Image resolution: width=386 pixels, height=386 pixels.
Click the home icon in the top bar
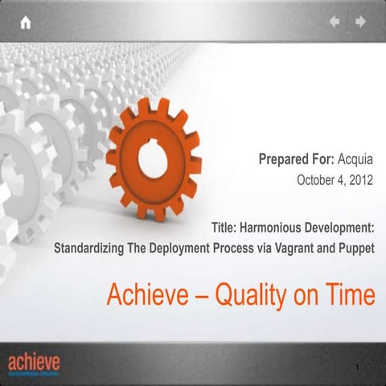pos(26,23)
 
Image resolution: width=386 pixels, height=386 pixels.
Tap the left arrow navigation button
pos(335,22)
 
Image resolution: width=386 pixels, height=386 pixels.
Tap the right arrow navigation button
pos(361,22)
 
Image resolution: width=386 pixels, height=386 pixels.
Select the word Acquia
pos(356,159)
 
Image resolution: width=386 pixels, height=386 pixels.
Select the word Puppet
pos(355,248)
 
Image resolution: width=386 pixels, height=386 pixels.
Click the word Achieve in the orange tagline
pos(146,295)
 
